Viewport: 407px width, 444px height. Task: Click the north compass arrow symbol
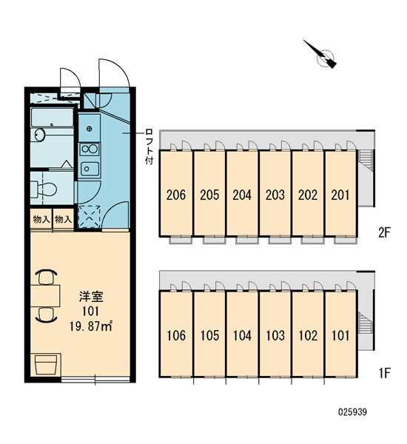(x=323, y=55)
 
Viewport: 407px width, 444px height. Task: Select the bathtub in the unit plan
(x=52, y=118)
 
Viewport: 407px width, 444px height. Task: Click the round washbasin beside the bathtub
(x=40, y=135)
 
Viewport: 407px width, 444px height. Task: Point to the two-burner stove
(x=90, y=149)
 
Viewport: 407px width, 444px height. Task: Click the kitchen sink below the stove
(x=90, y=169)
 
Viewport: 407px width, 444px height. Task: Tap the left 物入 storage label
(x=41, y=219)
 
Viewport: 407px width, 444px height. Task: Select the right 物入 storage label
(x=63, y=219)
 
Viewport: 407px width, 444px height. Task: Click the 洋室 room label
(x=91, y=297)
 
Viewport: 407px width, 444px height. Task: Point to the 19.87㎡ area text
(x=91, y=326)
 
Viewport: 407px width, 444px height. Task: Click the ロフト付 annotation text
(x=149, y=147)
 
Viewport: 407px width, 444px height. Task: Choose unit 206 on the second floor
(x=176, y=195)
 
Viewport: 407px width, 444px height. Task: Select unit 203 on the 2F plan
(x=275, y=195)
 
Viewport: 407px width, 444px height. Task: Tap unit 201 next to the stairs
(x=340, y=195)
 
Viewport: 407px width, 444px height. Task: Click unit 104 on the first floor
(x=242, y=336)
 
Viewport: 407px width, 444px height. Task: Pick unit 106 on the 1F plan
(x=176, y=336)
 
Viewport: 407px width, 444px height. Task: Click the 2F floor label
(x=384, y=233)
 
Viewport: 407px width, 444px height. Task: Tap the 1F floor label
(x=385, y=373)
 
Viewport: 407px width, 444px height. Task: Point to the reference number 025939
(x=353, y=411)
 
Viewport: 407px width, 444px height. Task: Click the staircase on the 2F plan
(x=365, y=161)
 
